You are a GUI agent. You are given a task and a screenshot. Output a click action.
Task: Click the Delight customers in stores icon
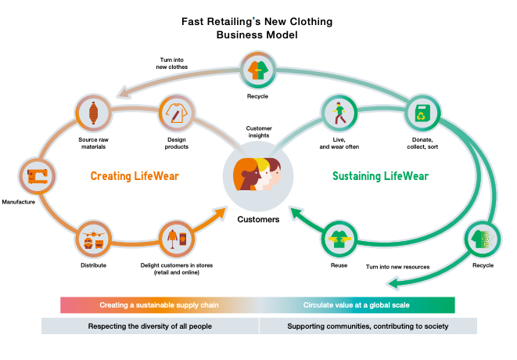click(x=176, y=239)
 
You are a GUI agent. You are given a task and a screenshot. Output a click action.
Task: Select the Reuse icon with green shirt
click(x=339, y=239)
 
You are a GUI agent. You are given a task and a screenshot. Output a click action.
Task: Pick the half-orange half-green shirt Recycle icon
click(x=257, y=69)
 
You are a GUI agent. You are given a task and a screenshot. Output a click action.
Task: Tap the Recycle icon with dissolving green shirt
click(x=483, y=239)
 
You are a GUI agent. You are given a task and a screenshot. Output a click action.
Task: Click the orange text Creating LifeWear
click(x=135, y=176)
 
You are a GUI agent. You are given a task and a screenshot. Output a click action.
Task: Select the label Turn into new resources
click(x=397, y=267)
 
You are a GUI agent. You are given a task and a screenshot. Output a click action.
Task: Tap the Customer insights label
click(x=258, y=131)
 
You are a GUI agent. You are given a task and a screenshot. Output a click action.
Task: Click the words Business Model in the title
click(x=257, y=35)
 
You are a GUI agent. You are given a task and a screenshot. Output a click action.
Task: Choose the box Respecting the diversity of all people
click(x=149, y=326)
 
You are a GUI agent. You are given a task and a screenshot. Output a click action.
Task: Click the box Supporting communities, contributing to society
click(x=367, y=326)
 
